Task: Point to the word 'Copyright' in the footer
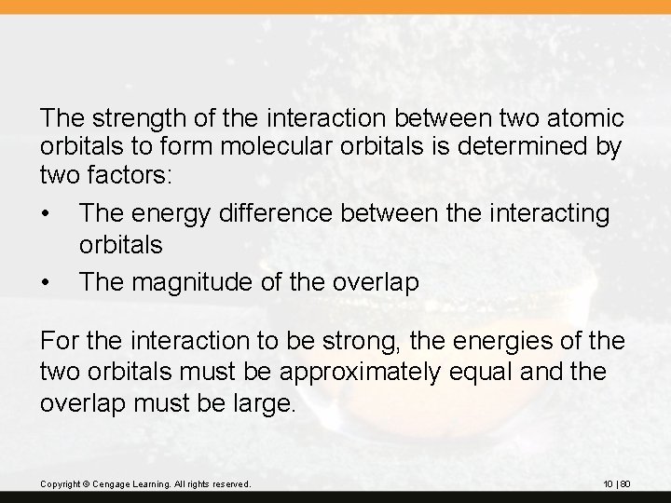(58, 484)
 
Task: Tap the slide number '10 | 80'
(617, 484)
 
